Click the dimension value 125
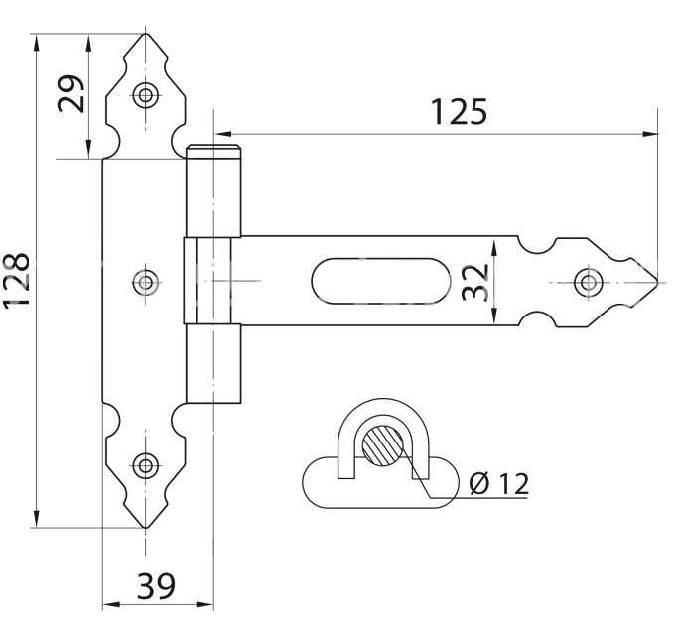[459, 111]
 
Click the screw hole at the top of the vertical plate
[147, 96]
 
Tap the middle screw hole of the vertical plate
[147, 282]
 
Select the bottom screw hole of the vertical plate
[147, 463]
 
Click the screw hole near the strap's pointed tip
[589, 282]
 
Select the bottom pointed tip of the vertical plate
[147, 527]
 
